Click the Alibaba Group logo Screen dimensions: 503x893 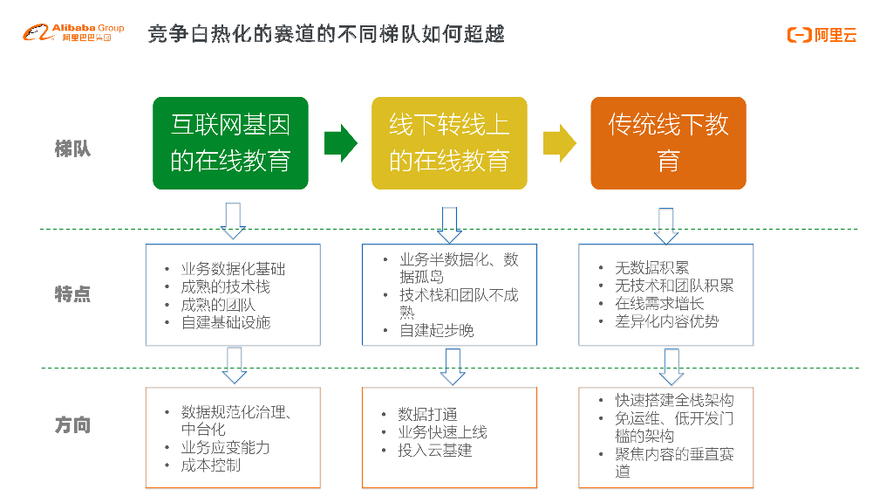(x=73, y=33)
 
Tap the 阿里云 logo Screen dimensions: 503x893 (x=821, y=35)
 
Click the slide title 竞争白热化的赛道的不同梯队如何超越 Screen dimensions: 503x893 (x=326, y=34)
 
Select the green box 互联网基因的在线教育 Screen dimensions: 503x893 (x=230, y=143)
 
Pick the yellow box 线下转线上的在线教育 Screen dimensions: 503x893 (x=449, y=143)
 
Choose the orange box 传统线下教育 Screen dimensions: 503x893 (x=668, y=143)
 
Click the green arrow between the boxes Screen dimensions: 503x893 (x=340, y=143)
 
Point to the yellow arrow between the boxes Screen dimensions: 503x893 (x=559, y=143)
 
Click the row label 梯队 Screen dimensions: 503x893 (x=72, y=148)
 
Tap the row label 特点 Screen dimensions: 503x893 (x=72, y=293)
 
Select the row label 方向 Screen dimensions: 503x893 (x=72, y=425)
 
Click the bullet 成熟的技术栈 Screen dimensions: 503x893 (x=225, y=286)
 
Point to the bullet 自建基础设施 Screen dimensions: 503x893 (x=225, y=322)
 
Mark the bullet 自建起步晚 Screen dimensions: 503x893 (x=436, y=331)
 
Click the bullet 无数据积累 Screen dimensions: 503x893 (x=651, y=268)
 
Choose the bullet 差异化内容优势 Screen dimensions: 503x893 (x=667, y=321)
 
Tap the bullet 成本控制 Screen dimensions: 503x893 (x=210, y=465)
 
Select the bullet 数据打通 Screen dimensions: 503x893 (x=427, y=414)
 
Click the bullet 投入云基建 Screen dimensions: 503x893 (x=435, y=451)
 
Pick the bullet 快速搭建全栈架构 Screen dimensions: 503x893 (x=674, y=400)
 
